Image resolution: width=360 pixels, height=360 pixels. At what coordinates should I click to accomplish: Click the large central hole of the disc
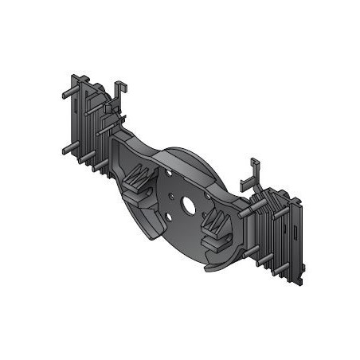point(189,205)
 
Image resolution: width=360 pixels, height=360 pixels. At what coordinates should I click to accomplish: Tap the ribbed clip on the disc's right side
point(217,229)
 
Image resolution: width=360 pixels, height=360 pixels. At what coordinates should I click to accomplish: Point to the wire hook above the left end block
point(119,90)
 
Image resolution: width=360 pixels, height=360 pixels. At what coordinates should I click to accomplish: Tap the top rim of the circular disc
point(191,152)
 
